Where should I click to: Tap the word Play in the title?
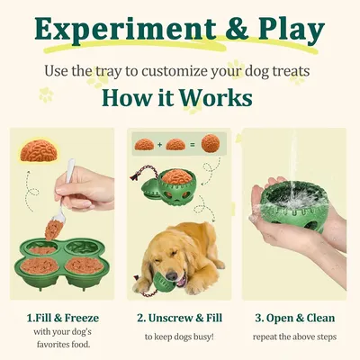287,31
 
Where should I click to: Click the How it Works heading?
180,97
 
